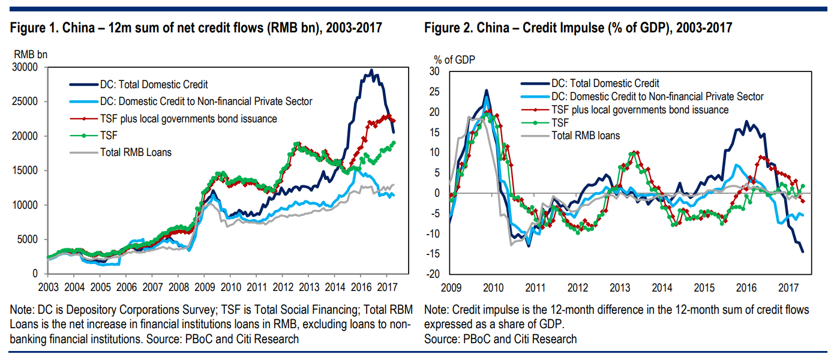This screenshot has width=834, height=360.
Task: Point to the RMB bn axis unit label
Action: point(30,55)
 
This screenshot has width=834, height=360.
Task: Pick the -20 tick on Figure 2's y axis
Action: point(433,275)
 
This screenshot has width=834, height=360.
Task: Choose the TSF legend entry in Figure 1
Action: point(109,136)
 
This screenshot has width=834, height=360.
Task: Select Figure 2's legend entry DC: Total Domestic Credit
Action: point(605,83)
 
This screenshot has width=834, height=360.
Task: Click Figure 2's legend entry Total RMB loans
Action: point(585,136)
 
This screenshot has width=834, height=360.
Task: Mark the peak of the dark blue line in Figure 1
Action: point(372,70)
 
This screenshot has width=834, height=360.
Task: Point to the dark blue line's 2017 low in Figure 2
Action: point(803,251)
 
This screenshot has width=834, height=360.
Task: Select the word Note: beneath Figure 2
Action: point(437,310)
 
